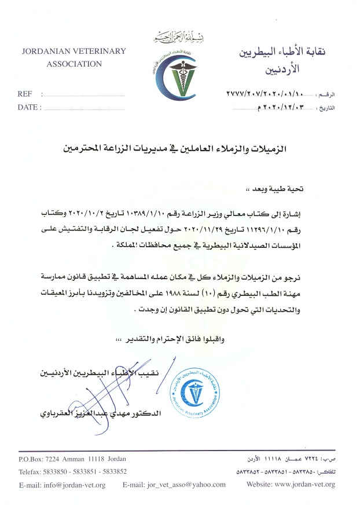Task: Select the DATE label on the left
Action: tap(27, 107)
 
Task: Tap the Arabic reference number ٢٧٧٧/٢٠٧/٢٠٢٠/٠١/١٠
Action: tap(267, 93)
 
